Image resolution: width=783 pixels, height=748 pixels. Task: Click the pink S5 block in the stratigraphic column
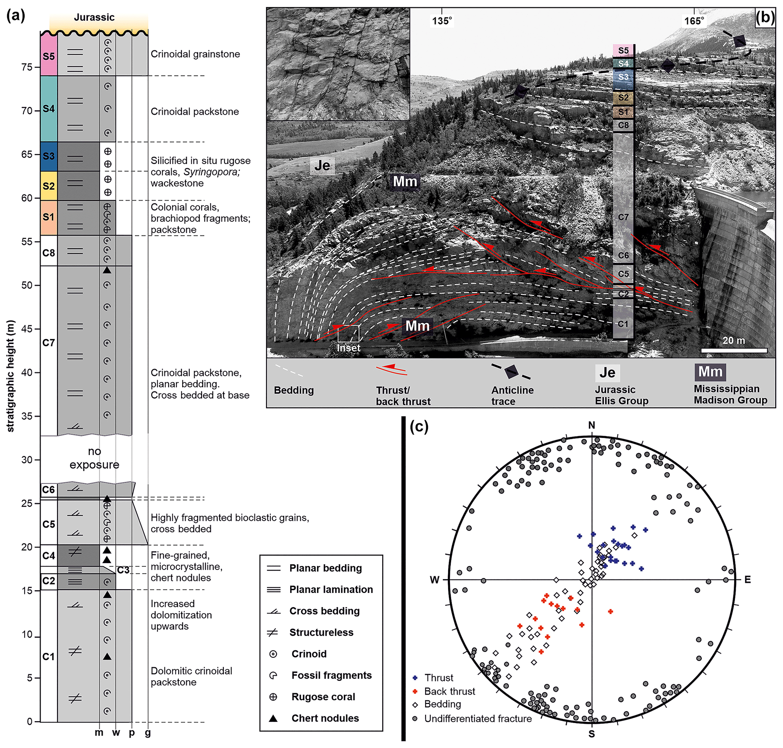click(48, 56)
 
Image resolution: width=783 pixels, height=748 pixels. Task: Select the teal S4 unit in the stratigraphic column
click(48, 108)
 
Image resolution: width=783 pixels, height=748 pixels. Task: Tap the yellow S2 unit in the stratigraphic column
click(48, 186)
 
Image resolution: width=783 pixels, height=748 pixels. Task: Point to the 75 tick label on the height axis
click(27, 67)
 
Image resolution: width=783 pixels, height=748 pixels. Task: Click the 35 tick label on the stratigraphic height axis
click(27, 416)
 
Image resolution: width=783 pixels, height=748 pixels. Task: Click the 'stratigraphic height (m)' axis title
click(10, 376)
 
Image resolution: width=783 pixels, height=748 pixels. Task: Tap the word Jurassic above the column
click(94, 17)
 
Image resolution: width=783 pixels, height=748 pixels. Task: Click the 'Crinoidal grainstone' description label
click(195, 54)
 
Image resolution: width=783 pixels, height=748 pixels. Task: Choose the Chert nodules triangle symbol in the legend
click(273, 718)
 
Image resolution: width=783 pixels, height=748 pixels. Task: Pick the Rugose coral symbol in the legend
click(273, 696)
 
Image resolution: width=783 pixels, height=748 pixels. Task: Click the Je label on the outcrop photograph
click(322, 165)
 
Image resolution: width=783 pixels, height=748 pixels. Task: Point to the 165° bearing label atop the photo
click(694, 21)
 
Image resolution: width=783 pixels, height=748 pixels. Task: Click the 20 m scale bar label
click(733, 341)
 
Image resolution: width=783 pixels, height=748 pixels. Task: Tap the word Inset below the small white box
click(348, 348)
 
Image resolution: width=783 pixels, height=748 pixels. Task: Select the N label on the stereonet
click(592, 425)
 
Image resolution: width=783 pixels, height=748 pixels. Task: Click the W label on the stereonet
click(434, 580)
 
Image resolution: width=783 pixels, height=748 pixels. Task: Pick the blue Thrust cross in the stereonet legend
click(415, 678)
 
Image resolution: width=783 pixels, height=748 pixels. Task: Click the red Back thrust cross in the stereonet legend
click(415, 691)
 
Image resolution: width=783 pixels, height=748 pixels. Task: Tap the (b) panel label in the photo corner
click(765, 17)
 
